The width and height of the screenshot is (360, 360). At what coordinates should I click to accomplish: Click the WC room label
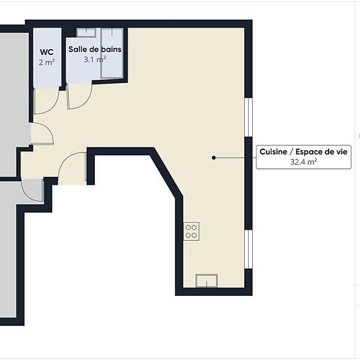(46, 52)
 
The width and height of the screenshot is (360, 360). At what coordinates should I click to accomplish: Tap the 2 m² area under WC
(46, 62)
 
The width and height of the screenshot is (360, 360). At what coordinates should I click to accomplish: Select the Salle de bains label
(95, 49)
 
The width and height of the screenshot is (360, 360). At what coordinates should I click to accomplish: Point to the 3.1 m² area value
(95, 60)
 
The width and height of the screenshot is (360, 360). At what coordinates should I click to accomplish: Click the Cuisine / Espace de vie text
(304, 152)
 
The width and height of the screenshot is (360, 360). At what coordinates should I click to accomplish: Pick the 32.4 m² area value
(304, 162)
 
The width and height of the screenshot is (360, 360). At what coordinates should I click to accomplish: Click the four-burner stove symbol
(191, 231)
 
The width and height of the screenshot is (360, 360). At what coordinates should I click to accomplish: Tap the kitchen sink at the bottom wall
(207, 280)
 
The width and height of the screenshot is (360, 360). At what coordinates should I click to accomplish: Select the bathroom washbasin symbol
(86, 32)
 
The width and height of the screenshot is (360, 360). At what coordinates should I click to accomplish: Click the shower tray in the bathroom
(112, 53)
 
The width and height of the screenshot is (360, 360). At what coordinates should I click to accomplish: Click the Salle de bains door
(79, 96)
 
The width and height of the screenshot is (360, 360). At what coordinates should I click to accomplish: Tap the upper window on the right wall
(248, 118)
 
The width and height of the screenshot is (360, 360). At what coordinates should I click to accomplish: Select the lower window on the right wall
(249, 249)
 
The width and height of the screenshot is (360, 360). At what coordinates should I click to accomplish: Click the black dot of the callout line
(214, 158)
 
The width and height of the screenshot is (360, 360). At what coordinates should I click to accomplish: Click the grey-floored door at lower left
(33, 190)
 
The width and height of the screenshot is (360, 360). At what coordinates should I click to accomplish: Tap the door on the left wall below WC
(43, 134)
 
